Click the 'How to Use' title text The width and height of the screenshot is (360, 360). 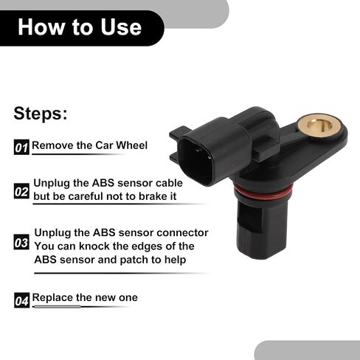click(x=80, y=27)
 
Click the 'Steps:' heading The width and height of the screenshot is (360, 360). click(x=41, y=114)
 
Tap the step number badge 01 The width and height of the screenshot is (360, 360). click(x=21, y=147)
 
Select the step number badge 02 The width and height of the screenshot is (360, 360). click(x=21, y=191)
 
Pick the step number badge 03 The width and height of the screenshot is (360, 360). click(x=21, y=242)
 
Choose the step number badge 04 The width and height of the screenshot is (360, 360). click(x=21, y=300)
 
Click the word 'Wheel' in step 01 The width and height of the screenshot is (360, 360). click(x=132, y=145)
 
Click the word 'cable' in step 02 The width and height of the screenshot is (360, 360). click(x=169, y=183)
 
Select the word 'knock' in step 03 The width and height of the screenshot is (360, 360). click(x=95, y=246)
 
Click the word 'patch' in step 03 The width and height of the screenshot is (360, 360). click(x=134, y=260)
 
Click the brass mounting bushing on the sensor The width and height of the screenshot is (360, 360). click(x=319, y=126)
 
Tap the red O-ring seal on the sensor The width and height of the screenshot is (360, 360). click(x=263, y=193)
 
